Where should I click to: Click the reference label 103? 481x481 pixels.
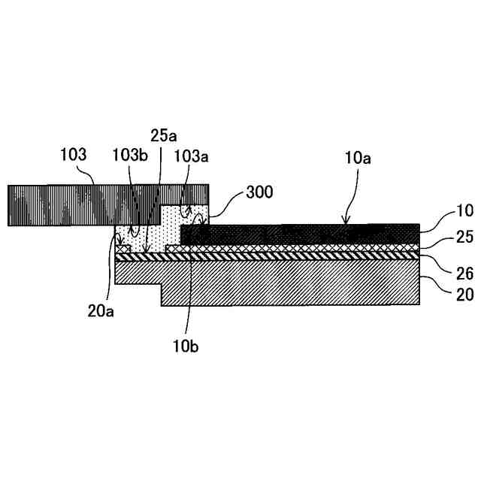74,156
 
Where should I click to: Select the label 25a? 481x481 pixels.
163,135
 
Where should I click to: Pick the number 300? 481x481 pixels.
260,192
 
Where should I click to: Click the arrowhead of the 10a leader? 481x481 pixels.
346,223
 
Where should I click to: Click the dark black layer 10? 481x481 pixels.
301,234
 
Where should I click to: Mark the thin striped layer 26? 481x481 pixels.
301,256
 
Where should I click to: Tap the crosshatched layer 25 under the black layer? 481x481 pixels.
301,247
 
